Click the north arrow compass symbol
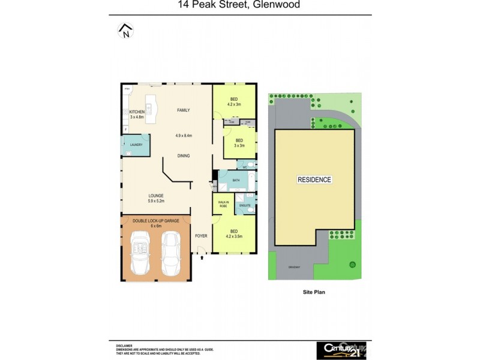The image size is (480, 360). click(125, 31)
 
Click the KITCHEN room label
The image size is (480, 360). click(137, 112)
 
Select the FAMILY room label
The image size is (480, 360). click(183, 110)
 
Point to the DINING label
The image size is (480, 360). click(184, 156)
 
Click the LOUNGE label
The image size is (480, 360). click(156, 196)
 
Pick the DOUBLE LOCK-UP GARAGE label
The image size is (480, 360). click(156, 221)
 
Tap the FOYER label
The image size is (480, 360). click(202, 236)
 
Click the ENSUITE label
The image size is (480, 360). click(245, 206)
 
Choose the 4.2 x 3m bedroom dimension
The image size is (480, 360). click(233, 104)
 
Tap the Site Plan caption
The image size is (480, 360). click(314, 292)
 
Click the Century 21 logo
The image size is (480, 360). click(340, 350)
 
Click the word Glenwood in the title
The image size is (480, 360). click(279, 5)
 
